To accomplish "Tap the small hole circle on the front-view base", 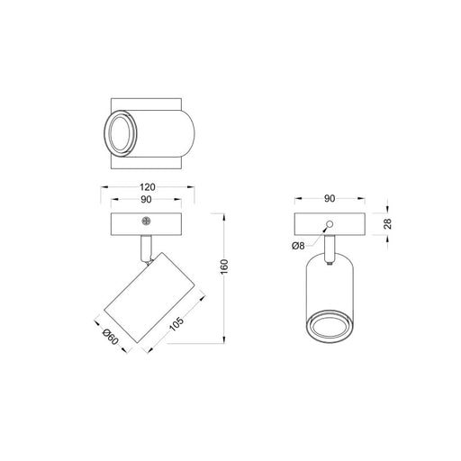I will (x=330, y=222).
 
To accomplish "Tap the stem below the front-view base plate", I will (x=330, y=245).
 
